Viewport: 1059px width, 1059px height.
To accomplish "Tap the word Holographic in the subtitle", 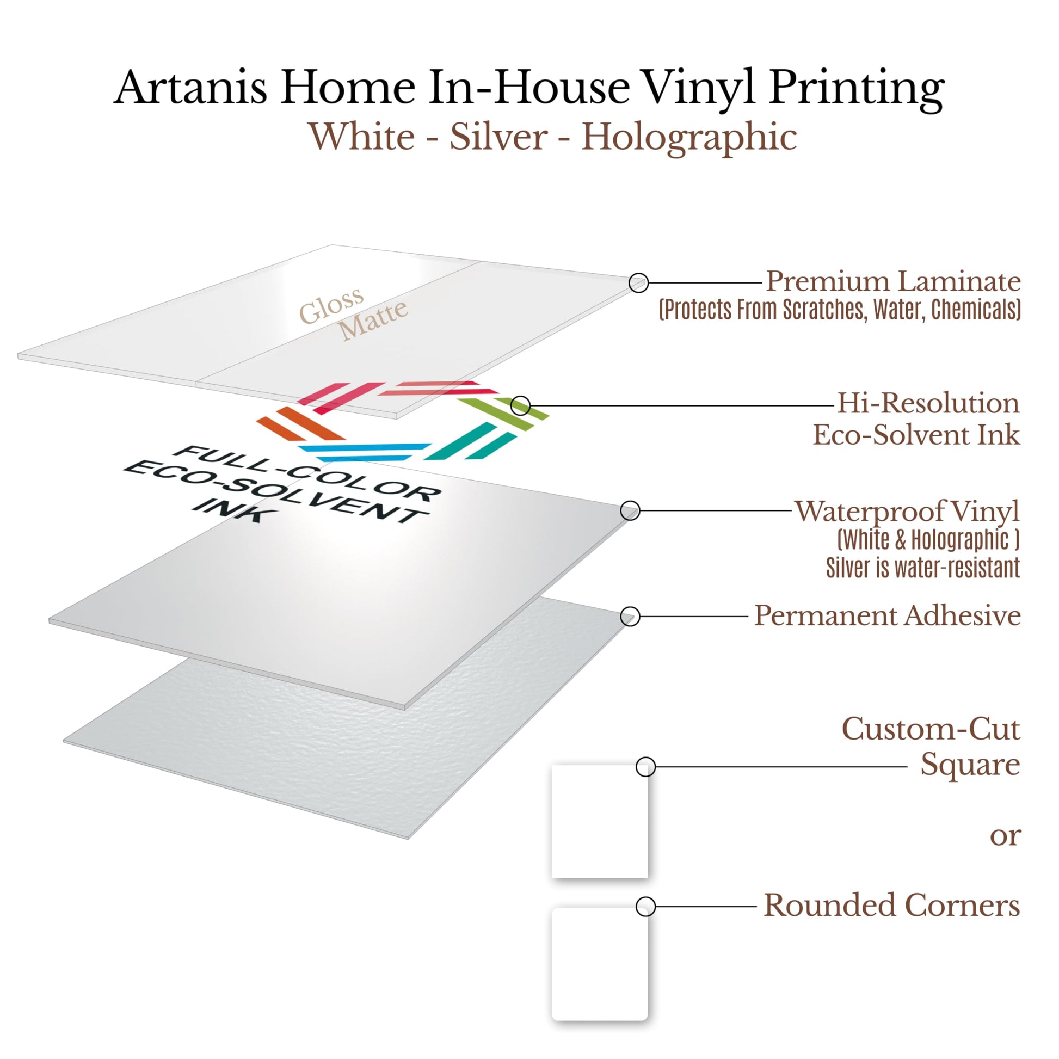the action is [689, 138].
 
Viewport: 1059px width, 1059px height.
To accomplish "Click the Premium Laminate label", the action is [893, 281].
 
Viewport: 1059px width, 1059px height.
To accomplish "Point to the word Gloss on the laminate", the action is [331, 305].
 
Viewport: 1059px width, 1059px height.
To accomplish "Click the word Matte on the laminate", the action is [373, 320].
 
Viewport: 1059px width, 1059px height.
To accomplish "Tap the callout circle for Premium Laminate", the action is [638, 283].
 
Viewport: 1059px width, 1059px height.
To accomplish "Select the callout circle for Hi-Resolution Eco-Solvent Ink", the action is [521, 405].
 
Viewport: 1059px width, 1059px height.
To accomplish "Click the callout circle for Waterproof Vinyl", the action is [630, 510].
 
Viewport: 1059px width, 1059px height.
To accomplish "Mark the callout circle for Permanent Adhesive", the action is [630, 616].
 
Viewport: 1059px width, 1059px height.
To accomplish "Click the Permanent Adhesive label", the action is [888, 615].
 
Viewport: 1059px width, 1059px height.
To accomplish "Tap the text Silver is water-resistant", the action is [923, 568].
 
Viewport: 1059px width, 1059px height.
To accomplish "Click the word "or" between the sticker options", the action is [1005, 837].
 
